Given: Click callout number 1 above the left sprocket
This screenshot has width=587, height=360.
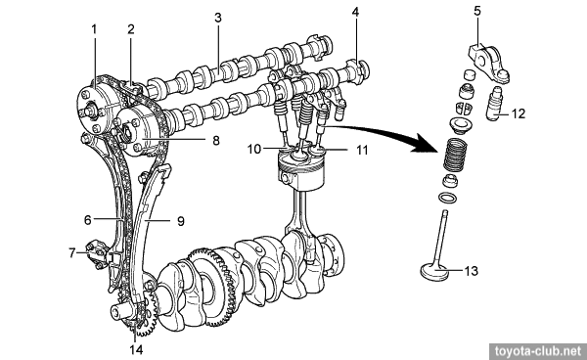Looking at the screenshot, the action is click(x=94, y=29).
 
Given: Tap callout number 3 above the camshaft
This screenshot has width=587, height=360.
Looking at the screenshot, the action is click(x=218, y=18).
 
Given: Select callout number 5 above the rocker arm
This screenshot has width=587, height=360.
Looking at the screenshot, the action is click(x=477, y=11).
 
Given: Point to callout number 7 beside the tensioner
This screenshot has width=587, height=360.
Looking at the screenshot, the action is click(x=72, y=253).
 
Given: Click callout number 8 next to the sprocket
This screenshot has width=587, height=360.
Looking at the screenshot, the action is click(x=216, y=140).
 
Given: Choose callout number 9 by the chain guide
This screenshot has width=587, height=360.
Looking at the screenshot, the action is click(x=181, y=221).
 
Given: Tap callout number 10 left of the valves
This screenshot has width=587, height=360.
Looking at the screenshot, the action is click(x=253, y=149).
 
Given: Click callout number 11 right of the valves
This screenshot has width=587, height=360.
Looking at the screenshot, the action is click(x=362, y=150).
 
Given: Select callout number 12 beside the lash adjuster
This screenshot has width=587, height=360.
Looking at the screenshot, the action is click(x=519, y=113).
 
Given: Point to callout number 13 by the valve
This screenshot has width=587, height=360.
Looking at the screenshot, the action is click(x=472, y=271).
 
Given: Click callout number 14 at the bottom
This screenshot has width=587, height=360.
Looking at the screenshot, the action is click(x=136, y=349).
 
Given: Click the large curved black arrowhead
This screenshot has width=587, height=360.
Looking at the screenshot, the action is click(x=426, y=146).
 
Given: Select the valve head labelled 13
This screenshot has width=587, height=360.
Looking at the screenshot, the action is click(x=434, y=272).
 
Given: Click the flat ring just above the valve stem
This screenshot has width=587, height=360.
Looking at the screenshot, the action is click(x=447, y=198).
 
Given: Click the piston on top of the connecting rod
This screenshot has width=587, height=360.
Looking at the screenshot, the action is click(x=299, y=170).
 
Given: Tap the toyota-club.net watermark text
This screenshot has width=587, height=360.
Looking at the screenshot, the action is click(x=539, y=352).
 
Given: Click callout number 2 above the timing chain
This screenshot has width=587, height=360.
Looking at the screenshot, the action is click(x=130, y=29).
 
